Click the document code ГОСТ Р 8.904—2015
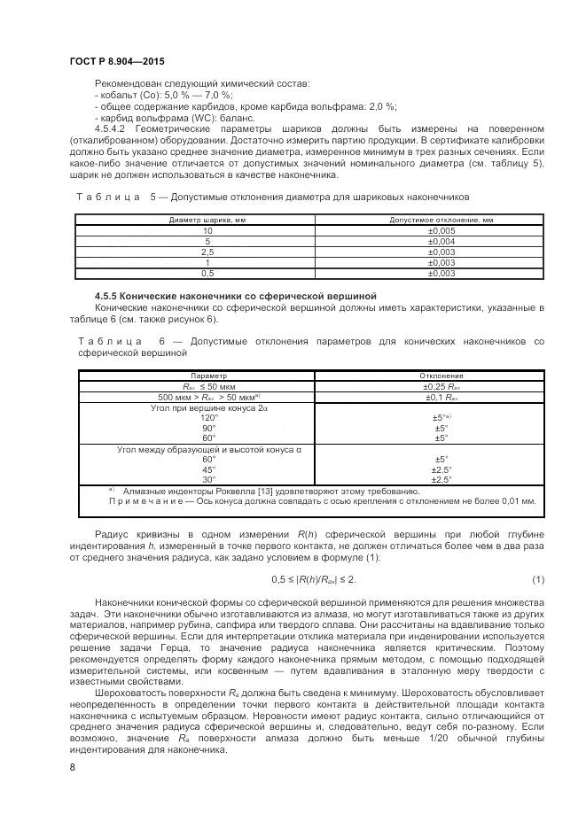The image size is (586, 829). tap(116, 60)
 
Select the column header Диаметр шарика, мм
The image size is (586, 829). tap(207, 219)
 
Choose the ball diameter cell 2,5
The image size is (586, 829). tap(207, 252)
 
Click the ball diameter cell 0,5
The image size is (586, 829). tap(207, 274)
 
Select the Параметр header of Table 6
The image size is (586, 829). tap(208, 376)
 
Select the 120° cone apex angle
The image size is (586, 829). tap(208, 417)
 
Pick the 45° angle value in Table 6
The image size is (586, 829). tap(208, 469)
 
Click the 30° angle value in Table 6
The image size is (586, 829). tap(208, 479)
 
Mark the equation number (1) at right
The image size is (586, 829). tap(537, 579)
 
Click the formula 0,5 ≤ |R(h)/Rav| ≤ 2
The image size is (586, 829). tap(313, 579)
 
